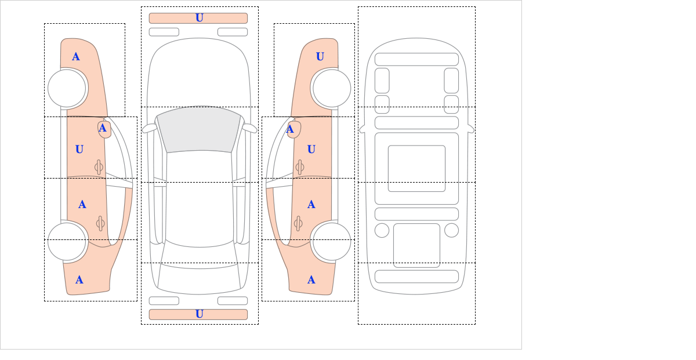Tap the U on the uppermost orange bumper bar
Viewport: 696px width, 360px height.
[x=200, y=18]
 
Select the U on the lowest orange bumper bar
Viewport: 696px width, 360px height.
[x=200, y=314]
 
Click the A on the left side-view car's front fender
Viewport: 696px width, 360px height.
[x=76, y=57]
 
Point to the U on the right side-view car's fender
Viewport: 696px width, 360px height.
[x=320, y=57]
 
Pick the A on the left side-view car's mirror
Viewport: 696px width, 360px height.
[x=103, y=128]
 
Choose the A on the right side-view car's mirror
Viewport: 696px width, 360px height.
[x=290, y=129]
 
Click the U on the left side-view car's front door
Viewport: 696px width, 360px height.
[x=79, y=150]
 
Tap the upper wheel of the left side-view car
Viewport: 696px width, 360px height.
[x=67, y=89]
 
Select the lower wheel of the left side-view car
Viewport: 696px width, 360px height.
[x=67, y=241]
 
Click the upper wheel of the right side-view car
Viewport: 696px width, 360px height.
[x=332, y=89]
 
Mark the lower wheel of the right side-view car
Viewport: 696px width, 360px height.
[x=332, y=241]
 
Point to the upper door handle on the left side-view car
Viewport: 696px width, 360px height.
[x=99, y=168]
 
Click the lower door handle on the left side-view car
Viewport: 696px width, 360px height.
[x=100, y=223]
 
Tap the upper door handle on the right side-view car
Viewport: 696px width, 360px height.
[x=300, y=168]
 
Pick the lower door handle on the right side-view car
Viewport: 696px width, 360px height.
[x=298, y=223]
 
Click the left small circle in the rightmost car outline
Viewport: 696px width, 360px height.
[x=382, y=231]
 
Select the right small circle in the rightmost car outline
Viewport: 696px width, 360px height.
[x=451, y=231]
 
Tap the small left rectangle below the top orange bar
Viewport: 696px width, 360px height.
[x=164, y=32]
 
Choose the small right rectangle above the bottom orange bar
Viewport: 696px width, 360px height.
[x=233, y=301]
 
